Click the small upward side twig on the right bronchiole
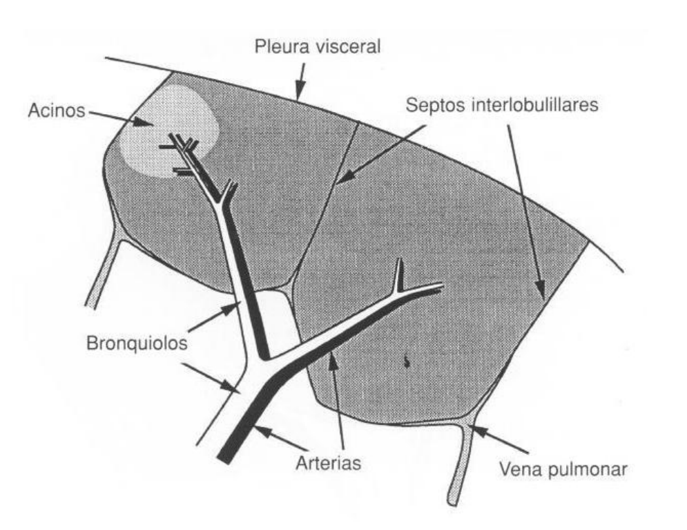pos(399,276)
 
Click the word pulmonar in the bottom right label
pos(599,469)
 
